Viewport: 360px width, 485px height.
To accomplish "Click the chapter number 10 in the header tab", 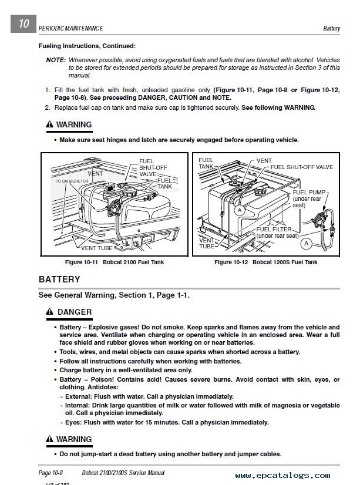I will (23, 25).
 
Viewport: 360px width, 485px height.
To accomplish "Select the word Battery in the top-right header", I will (332, 28).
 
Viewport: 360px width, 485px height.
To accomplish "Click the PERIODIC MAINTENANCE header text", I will (70, 28).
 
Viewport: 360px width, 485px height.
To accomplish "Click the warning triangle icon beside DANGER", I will (51, 312).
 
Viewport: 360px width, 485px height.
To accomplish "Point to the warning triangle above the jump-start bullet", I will (51, 439).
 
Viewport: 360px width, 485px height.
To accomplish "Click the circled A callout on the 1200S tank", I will (239, 209).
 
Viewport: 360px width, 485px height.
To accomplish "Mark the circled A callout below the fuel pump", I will (307, 242).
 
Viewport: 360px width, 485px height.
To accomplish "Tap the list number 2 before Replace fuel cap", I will (48, 108).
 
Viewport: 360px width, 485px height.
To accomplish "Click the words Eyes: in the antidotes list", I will (73, 422).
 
